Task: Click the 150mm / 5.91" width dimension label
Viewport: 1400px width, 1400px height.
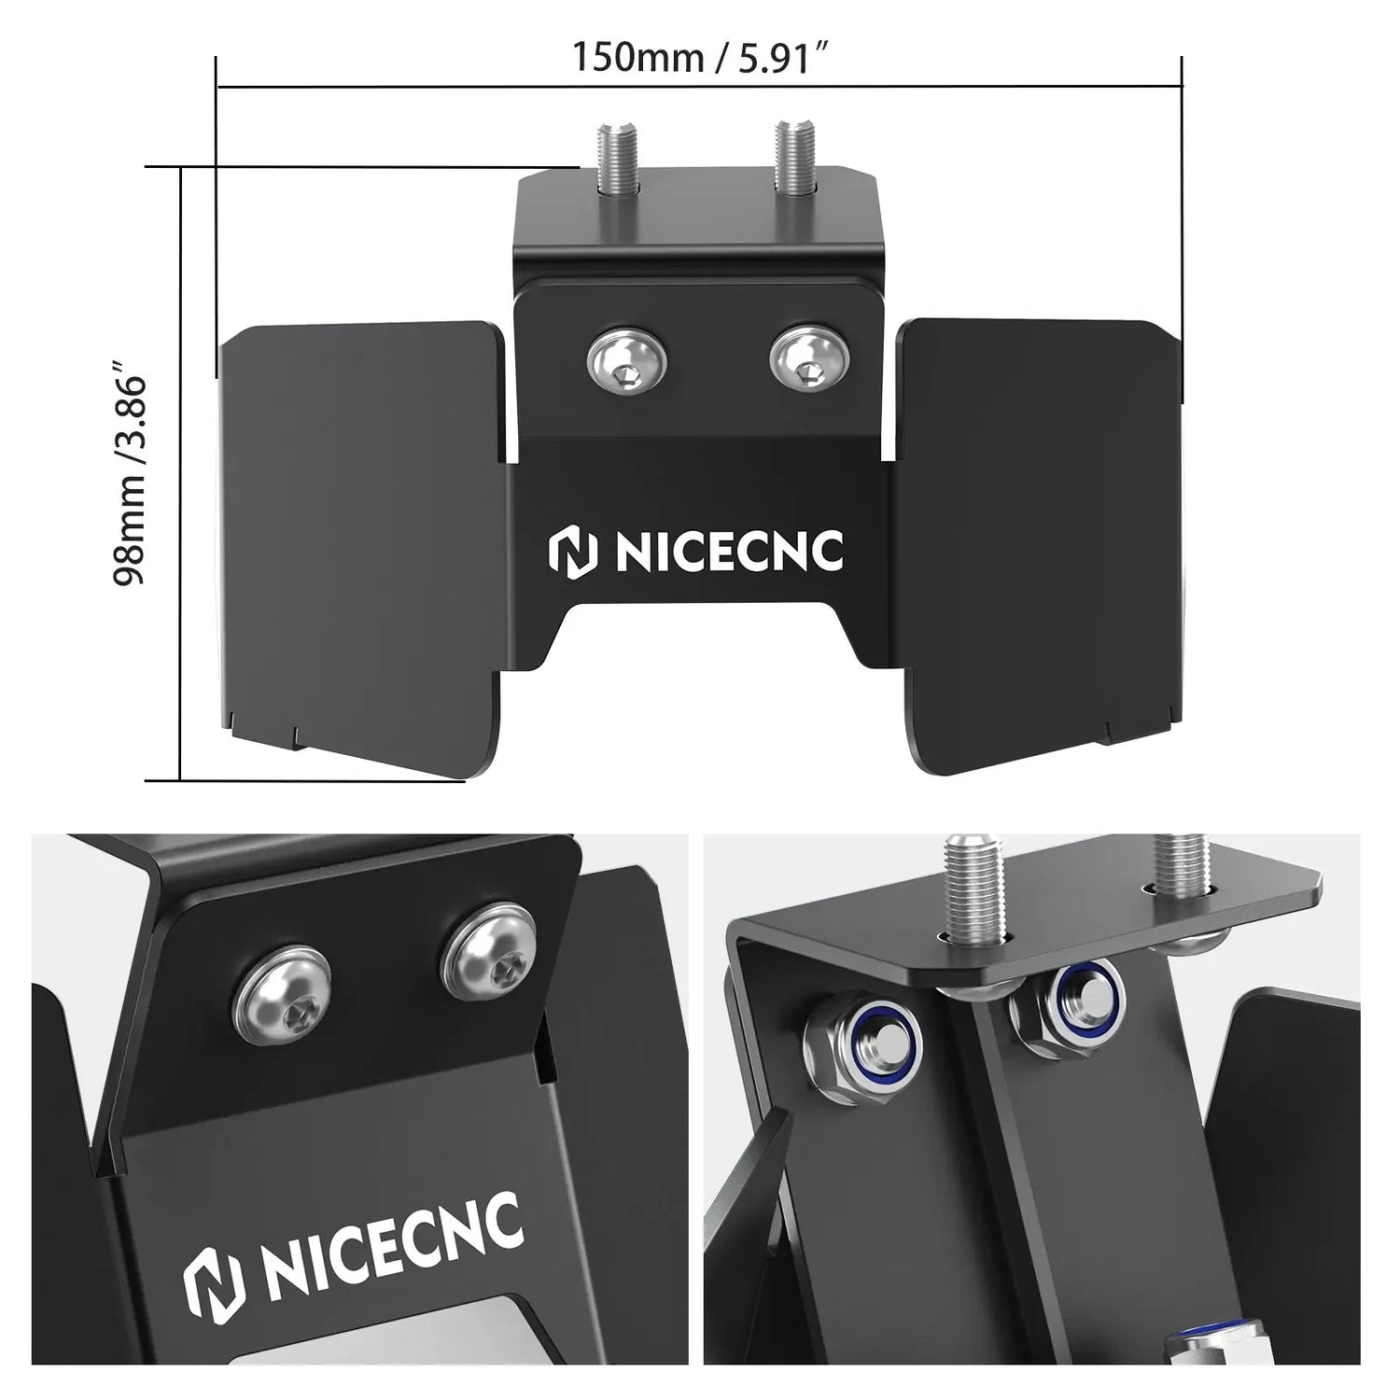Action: [701, 57]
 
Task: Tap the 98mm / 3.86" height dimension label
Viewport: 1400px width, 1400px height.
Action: [130, 480]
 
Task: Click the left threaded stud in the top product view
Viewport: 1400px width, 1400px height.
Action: [614, 160]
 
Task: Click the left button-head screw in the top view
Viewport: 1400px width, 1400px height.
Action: [626, 361]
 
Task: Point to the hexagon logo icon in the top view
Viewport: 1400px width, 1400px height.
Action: [571, 552]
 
